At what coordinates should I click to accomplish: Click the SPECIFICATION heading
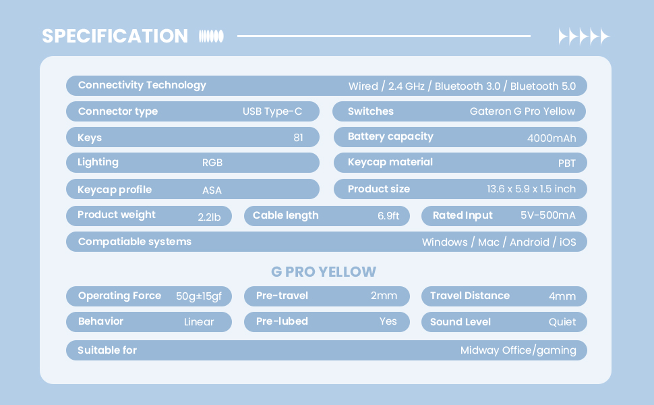[x=115, y=36]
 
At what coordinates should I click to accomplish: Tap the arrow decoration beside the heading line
[x=584, y=36]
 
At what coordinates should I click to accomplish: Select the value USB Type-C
[x=272, y=112]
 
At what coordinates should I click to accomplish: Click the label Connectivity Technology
[x=142, y=86]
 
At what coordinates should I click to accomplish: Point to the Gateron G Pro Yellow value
[x=523, y=111]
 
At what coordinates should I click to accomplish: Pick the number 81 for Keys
[x=298, y=138]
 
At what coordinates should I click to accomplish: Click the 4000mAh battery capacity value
[x=552, y=138]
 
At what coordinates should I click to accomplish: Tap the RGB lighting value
[x=212, y=163]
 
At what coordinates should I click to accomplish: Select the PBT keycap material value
[x=567, y=163]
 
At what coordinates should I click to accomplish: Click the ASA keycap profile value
[x=212, y=190]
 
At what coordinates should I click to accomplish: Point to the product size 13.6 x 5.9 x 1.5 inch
[x=531, y=189]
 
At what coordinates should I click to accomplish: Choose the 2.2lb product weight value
[x=209, y=217]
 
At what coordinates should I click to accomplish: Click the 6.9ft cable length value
[x=388, y=216]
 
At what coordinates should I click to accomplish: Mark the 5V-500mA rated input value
[x=547, y=215]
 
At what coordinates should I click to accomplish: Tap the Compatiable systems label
[x=135, y=242]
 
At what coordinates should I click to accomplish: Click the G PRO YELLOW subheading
[x=324, y=272]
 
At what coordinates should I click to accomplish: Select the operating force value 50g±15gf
[x=198, y=296]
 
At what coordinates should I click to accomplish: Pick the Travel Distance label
[x=470, y=296]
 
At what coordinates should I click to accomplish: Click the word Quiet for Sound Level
[x=562, y=322]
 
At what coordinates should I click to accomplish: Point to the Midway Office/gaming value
[x=518, y=351]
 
